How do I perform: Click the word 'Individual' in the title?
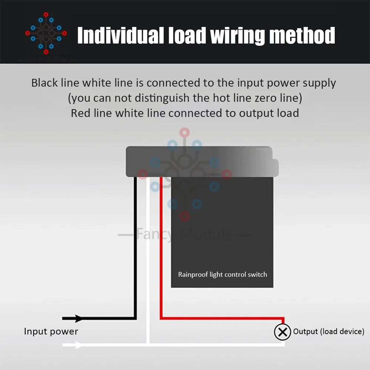[120, 36]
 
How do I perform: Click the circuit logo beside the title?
[46, 33]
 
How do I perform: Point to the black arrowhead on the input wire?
[78, 318]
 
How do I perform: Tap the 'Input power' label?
[51, 331]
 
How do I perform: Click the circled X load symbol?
[282, 332]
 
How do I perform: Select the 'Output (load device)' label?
[329, 332]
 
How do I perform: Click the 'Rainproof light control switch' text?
[222, 275]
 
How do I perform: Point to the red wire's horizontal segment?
[222, 318]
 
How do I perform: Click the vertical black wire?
[135, 248]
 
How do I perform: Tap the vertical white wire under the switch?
[148, 259]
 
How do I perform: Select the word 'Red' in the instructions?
[80, 113]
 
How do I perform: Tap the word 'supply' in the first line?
[319, 83]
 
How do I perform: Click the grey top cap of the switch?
[200, 161]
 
